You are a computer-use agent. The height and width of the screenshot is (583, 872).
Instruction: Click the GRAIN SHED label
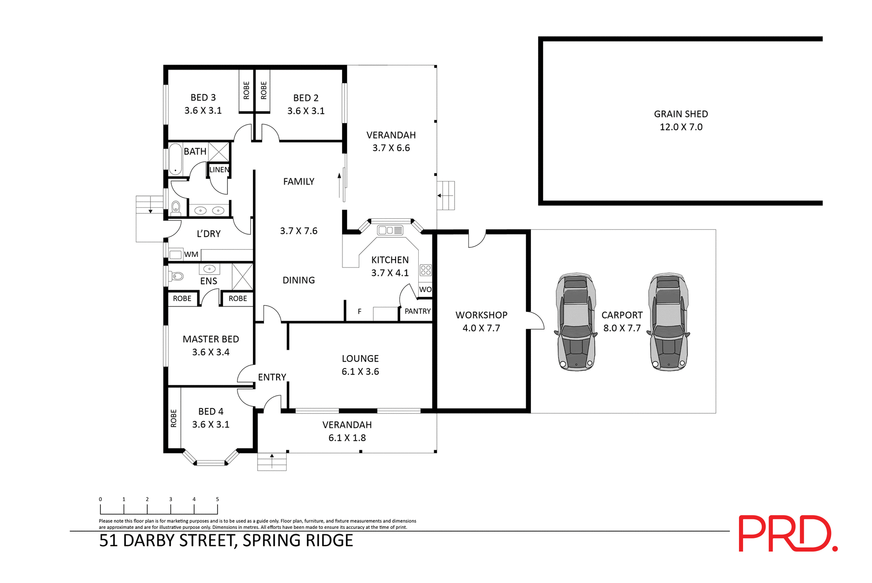coord(680,114)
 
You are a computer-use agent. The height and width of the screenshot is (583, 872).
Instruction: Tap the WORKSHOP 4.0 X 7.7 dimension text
coord(481,328)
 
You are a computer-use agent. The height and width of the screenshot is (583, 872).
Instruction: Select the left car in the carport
coord(575,322)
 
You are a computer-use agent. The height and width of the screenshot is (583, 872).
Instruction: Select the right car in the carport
coord(668,322)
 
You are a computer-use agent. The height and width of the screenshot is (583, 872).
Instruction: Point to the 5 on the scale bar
coord(217,499)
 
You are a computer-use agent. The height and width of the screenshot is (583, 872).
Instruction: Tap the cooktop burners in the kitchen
coord(426,270)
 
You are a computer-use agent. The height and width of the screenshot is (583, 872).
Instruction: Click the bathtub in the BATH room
coord(175,159)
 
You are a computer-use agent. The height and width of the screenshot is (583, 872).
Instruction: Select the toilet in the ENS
coord(177,276)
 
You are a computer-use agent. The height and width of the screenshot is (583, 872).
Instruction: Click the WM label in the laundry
coord(191,254)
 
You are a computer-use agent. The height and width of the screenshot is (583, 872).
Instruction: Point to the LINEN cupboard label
coord(219,170)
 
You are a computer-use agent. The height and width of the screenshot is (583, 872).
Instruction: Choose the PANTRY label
coord(417,311)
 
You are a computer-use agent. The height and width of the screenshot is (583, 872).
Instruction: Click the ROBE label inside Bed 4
coord(173,418)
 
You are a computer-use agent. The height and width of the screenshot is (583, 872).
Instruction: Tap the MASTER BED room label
coord(211,339)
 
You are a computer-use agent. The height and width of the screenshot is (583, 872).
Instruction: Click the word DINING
coord(298,280)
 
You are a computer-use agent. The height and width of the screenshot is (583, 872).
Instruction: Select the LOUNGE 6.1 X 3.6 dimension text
coord(360,372)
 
